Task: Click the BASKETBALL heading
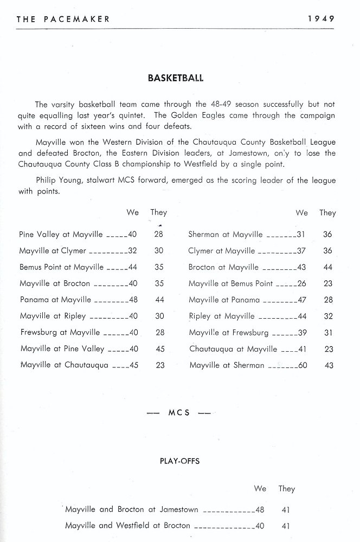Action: (175, 78)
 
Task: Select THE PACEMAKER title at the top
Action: (63, 18)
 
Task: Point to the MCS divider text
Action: (179, 412)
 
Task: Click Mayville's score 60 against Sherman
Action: (303, 365)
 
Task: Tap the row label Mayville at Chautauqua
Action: (64, 365)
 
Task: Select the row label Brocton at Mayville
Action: (224, 267)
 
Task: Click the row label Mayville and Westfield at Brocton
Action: (127, 525)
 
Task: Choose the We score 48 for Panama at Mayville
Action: (133, 300)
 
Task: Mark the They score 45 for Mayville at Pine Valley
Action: (160, 349)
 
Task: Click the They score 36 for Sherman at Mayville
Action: (327, 235)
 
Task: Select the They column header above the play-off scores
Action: (286, 488)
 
